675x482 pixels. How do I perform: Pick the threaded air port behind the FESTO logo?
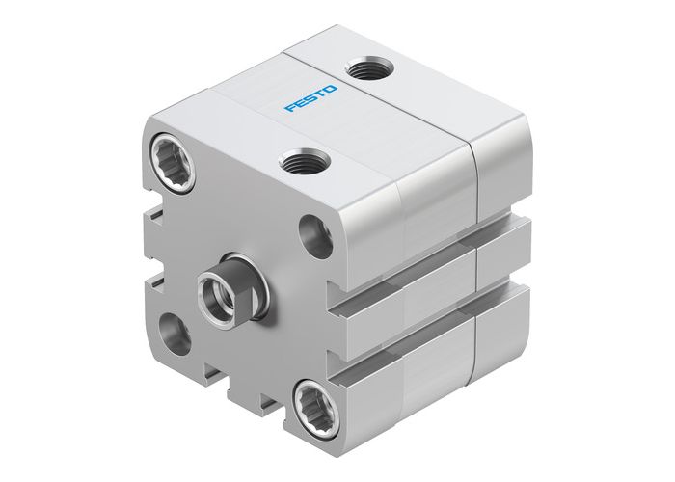coord(368,70)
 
